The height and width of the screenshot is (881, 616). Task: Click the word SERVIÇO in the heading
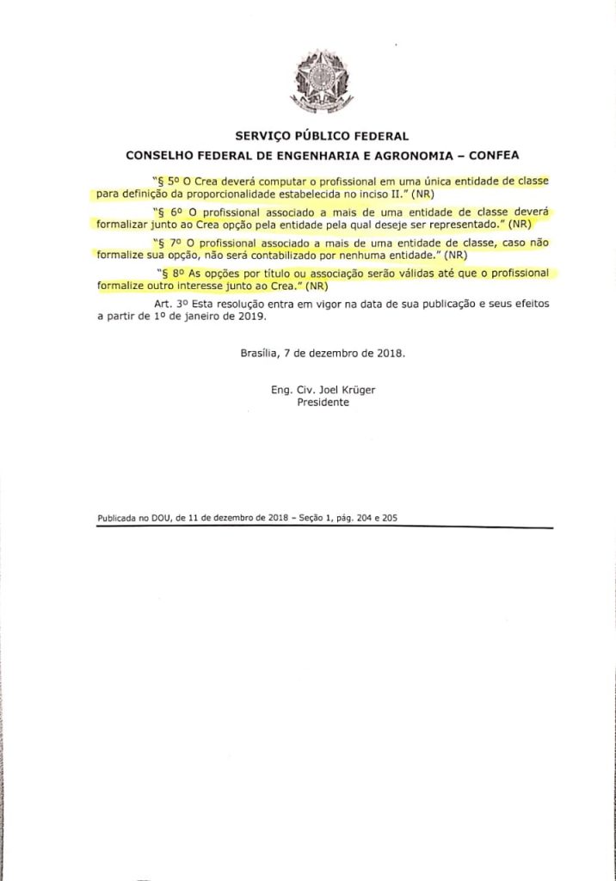click(262, 136)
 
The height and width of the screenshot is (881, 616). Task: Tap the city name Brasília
click(261, 353)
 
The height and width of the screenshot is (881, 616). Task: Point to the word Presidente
click(323, 402)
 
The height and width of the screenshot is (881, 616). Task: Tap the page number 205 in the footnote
click(387, 519)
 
